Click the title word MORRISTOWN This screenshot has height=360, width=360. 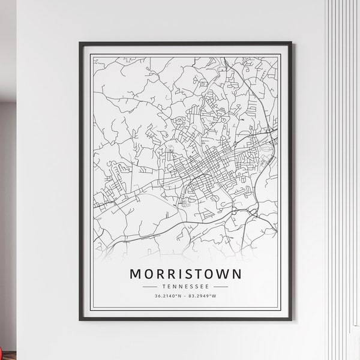pyautogui.click(x=185, y=274)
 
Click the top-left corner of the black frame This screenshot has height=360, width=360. pyautogui.click(x=80, y=43)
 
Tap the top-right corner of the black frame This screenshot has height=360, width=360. pyautogui.click(x=291, y=43)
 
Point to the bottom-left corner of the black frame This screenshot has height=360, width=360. pyautogui.click(x=80, y=323)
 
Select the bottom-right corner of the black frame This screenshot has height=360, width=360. pyautogui.click(x=291, y=323)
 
